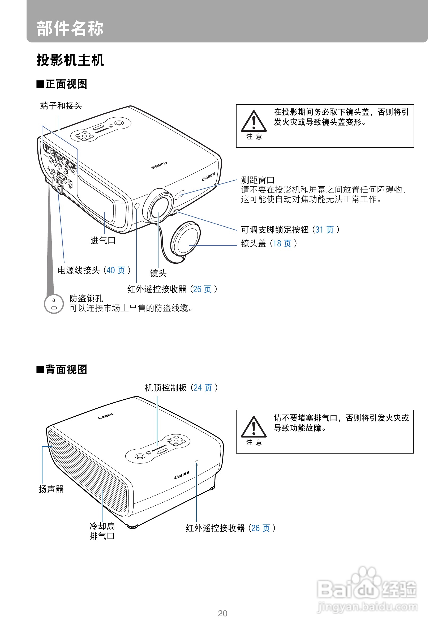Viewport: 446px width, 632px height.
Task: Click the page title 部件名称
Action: tap(70, 28)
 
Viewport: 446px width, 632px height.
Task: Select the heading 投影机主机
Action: tap(70, 60)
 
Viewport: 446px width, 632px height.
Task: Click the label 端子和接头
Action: tap(61, 106)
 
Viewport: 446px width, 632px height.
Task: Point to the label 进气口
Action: tap(103, 241)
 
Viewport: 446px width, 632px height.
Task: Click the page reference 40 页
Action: tap(115, 270)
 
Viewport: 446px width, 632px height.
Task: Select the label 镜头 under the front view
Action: tap(158, 273)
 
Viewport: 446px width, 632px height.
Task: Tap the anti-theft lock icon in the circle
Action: tap(54, 304)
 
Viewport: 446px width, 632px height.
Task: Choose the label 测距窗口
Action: tap(258, 180)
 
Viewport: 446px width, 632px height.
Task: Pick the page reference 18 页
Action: tap(282, 243)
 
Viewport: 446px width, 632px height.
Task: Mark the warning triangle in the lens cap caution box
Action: tap(254, 122)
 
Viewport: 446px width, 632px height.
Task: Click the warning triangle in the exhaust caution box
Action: tap(254, 428)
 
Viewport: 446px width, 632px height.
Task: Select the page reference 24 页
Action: tap(203, 388)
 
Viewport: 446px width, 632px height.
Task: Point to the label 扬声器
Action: tap(51, 489)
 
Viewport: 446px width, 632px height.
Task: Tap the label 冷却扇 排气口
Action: tap(102, 531)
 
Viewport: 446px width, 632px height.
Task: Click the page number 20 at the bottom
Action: tap(222, 614)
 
